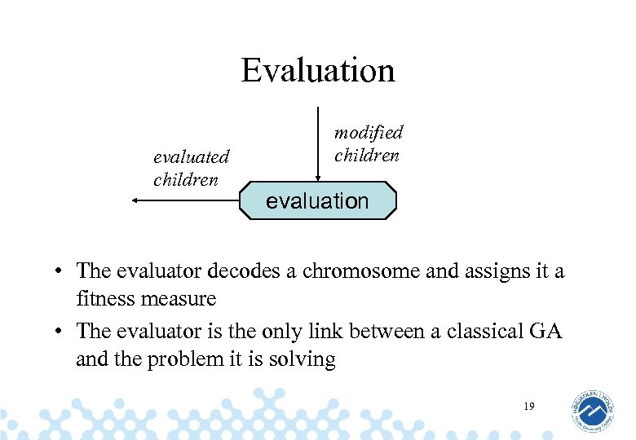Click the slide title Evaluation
pos(318,70)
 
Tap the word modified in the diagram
pos(369,132)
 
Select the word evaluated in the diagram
pos(192,156)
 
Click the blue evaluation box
pos(318,201)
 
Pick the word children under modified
pos(366,155)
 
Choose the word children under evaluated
pos(186,179)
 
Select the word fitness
pos(105,299)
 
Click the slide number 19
pos(529,405)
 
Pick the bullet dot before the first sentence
pos(60,271)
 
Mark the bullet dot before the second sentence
pos(60,332)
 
